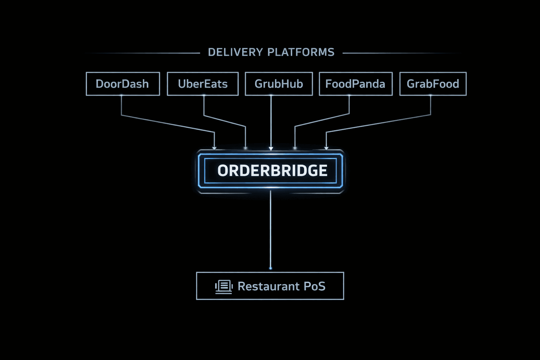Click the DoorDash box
123,84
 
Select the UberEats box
202,84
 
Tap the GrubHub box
278,84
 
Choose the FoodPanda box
355,84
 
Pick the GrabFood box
433,84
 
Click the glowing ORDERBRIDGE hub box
271,171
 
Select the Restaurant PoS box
270,286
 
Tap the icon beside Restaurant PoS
224,287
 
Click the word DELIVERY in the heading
235,52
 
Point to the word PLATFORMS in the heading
301,52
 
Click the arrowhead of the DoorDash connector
214,148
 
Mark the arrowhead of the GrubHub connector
271,148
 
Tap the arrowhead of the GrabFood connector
326,148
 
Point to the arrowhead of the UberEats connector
245,148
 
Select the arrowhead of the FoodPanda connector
295,148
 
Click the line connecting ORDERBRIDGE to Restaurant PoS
270,229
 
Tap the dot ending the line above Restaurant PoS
270,268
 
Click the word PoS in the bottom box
314,287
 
